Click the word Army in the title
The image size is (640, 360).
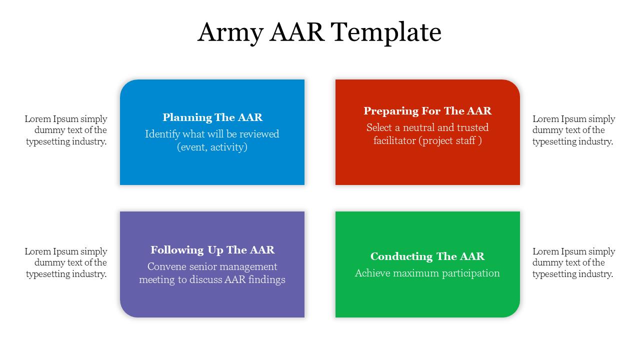pos(230,33)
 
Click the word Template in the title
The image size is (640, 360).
pos(385,33)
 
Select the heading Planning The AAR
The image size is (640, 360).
pos(212,117)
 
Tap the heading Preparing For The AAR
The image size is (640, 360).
pos(427,111)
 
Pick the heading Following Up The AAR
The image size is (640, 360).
pos(212,250)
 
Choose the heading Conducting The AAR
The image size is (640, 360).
pos(427,256)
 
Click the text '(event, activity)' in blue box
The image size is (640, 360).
pos(212,147)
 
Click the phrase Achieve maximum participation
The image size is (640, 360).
pos(427,273)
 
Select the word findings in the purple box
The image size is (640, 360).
pos(267,279)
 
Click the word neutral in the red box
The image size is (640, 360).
pos(415,127)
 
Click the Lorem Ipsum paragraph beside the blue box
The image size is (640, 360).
pos(66,130)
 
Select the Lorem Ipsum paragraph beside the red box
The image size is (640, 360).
pos(573,130)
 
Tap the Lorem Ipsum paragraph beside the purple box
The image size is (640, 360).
pos(66,262)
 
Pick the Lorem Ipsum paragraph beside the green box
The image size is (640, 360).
pos(573,262)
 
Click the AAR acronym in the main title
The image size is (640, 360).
pos(297,33)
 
